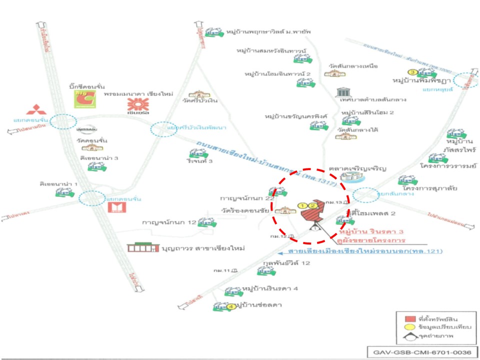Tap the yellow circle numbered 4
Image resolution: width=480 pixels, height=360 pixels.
tap(230, 306)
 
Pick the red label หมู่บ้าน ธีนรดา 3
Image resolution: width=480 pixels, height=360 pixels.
tap(370, 231)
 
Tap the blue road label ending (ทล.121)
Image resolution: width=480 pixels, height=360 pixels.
tap(364, 250)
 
